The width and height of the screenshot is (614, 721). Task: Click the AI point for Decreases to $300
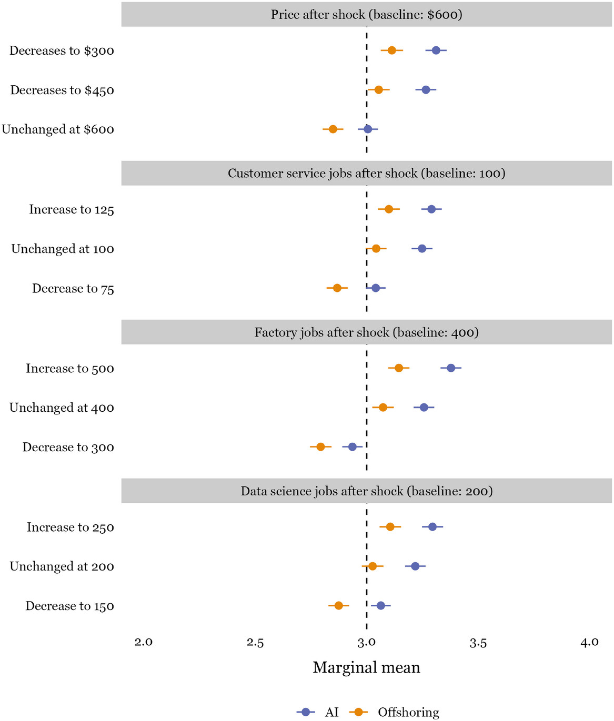436,50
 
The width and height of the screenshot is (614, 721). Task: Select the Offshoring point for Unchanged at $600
333,129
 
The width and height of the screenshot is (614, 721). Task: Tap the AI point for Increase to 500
450,368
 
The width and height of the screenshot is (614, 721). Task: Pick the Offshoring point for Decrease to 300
320,447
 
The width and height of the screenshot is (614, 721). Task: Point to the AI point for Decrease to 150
380,606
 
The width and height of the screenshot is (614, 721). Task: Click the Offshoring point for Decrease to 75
337,288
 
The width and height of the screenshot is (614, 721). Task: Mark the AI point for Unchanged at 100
421,248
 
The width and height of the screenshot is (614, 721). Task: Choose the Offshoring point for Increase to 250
390,527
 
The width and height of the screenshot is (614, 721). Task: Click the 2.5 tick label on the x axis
255,642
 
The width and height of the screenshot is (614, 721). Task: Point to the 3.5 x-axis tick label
478,642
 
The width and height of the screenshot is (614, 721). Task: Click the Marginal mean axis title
366,668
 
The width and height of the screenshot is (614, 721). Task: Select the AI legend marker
306,712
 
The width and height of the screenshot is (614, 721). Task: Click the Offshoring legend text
408,712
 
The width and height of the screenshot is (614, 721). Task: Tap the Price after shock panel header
366,14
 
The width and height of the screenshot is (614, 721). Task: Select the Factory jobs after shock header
366,332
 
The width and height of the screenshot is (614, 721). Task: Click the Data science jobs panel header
366,491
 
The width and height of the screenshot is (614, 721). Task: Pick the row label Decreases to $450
62,90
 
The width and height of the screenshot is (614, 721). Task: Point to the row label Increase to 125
72,210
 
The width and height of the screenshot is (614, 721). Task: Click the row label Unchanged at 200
62,566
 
